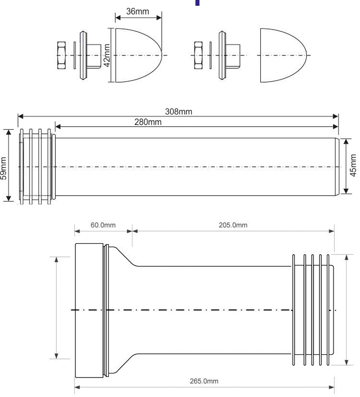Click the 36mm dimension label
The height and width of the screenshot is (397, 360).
point(137,12)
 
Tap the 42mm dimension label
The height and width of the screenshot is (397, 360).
point(106,56)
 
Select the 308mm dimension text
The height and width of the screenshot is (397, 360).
point(178,112)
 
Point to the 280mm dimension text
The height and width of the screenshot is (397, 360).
point(148,122)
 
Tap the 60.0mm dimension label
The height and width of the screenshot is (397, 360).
point(103,225)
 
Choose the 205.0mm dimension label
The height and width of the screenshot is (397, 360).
point(233,225)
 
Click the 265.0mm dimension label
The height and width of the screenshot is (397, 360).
point(204,381)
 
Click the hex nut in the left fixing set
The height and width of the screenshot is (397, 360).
point(62,55)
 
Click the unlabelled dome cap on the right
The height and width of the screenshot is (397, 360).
point(283,55)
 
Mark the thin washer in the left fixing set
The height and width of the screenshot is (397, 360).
point(74,55)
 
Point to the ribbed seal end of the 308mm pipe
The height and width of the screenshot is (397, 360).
point(36,167)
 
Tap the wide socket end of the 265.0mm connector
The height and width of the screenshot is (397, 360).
point(91,310)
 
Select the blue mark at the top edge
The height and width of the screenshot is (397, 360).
point(197,2)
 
